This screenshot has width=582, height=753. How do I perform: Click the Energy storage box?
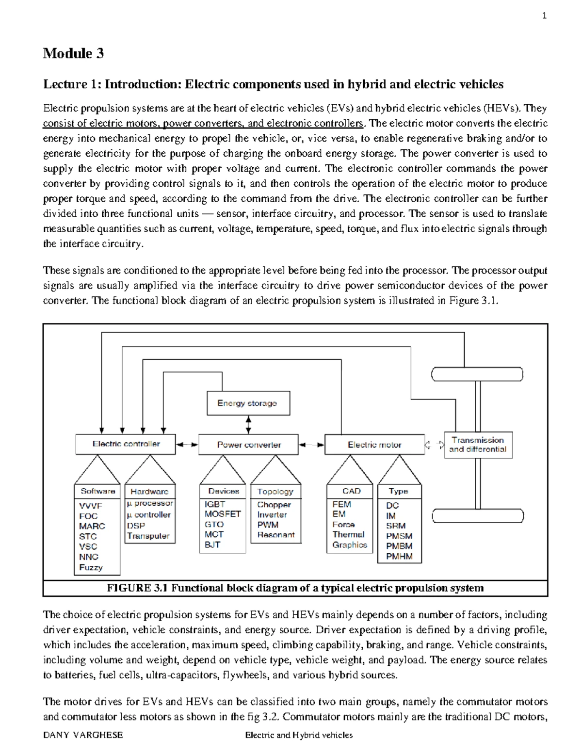(248, 403)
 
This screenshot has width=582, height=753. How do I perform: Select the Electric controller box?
(126, 444)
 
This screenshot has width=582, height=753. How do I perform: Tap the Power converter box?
(249, 445)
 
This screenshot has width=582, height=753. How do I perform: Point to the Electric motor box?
(374, 445)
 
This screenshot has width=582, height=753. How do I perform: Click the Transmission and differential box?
(478, 445)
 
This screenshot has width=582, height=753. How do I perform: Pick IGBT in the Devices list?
(214, 504)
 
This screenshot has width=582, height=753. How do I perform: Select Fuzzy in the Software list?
(91, 567)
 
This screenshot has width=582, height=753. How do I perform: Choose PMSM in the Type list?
(399, 536)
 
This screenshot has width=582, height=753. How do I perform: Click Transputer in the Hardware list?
(148, 536)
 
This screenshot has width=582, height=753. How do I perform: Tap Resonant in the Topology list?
(276, 535)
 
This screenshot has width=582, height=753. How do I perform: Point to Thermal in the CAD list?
(348, 534)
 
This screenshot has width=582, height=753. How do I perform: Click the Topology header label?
(275, 491)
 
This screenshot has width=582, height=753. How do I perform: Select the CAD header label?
(351, 491)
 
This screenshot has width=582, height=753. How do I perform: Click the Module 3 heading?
(73, 53)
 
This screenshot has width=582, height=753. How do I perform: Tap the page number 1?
(544, 16)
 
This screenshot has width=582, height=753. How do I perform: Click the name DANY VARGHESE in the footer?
(83, 735)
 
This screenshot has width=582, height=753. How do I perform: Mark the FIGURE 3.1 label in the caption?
(137, 588)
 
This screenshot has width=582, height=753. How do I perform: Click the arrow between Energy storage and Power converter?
(249, 425)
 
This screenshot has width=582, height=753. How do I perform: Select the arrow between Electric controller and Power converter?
(187, 444)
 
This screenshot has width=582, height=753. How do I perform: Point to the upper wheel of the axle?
(477, 374)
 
